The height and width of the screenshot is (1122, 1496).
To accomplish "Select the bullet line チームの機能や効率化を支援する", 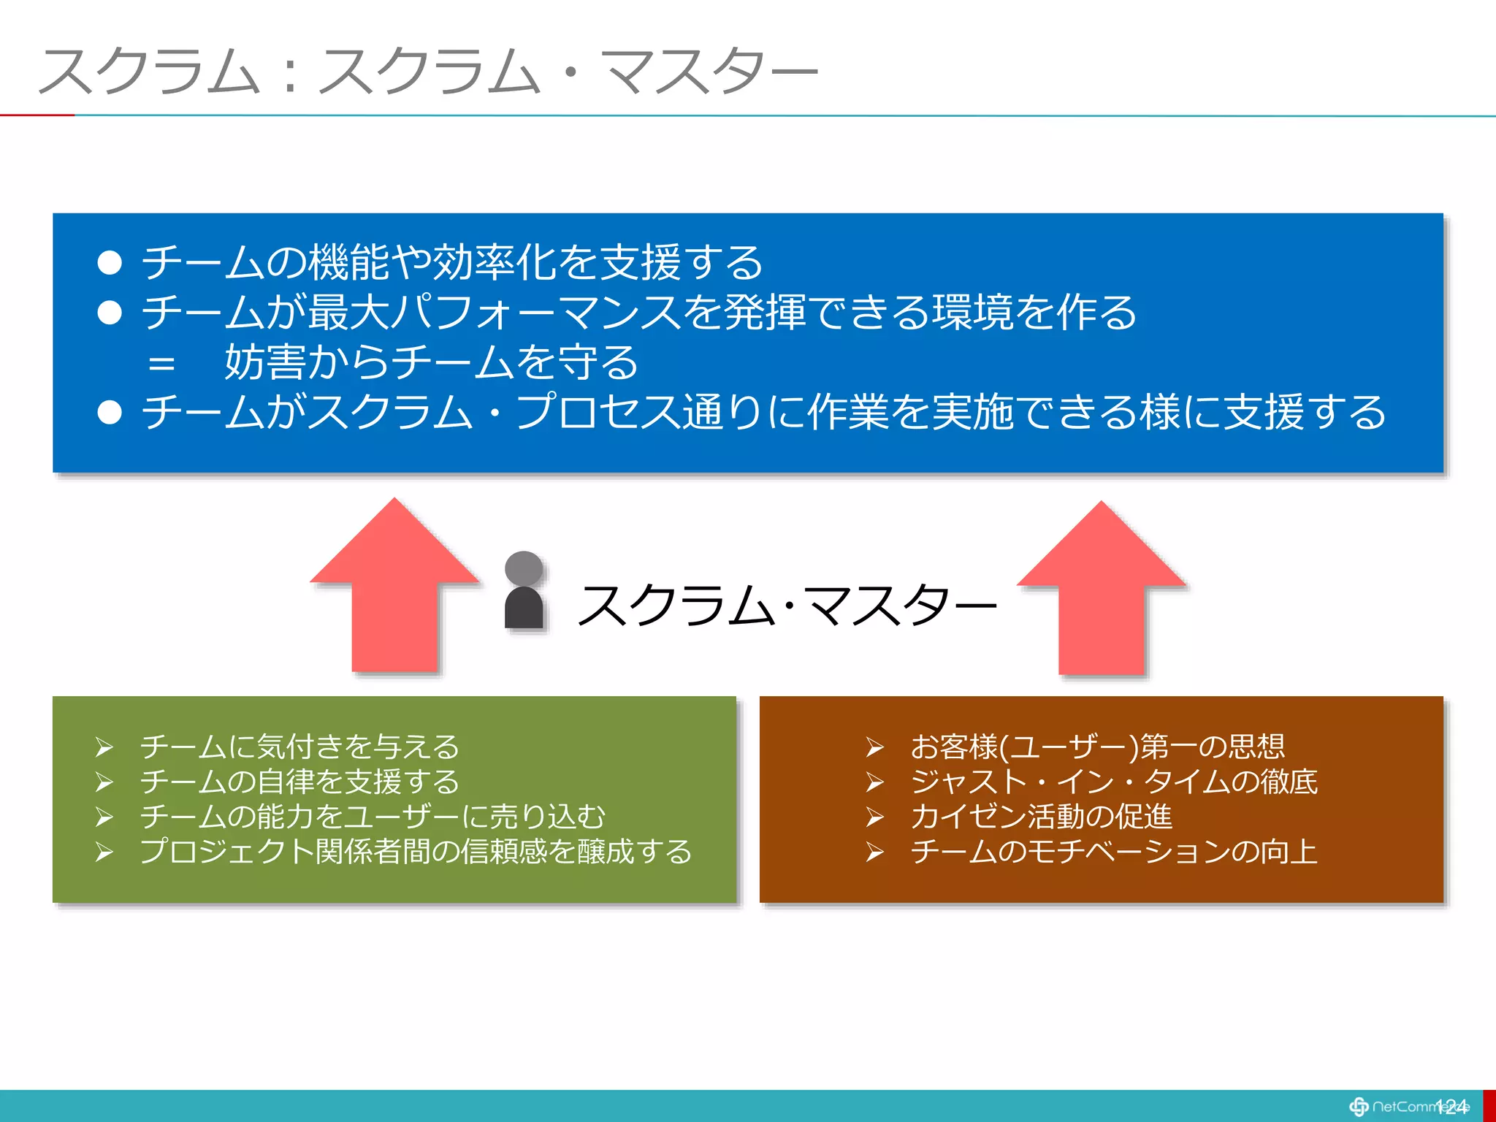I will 451,262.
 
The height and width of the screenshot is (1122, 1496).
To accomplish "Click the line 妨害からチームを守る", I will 431,362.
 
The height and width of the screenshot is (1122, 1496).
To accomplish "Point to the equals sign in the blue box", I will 161,363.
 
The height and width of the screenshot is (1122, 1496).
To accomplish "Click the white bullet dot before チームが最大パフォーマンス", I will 110,313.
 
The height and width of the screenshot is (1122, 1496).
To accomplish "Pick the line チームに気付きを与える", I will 299,747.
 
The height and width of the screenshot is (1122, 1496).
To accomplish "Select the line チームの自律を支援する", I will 299,782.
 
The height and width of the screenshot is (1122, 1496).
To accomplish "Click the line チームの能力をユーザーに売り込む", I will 373,817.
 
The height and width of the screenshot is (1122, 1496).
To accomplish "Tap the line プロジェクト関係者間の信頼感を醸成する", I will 416,852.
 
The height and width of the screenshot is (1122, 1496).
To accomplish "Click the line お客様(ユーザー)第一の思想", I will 1097,747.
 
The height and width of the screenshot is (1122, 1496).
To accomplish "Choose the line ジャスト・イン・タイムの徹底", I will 1113,782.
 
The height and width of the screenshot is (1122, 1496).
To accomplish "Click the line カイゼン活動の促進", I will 1041,817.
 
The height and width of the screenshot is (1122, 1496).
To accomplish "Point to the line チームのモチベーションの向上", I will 1113,852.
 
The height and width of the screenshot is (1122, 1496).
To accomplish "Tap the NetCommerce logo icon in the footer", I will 1359,1107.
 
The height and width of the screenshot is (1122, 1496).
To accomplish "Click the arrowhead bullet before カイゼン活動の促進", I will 874,817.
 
